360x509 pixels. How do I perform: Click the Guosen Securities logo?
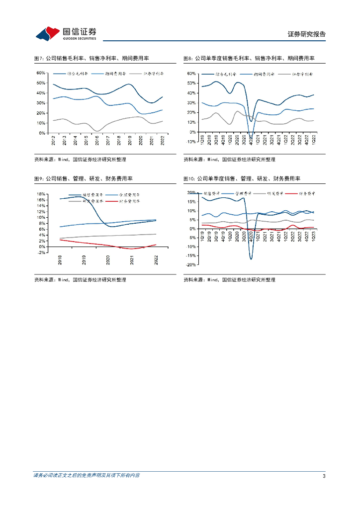pyautogui.click(x=66, y=33)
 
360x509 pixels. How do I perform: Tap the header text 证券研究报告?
pyautogui.click(x=307, y=34)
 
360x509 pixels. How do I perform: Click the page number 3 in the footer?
pyautogui.click(x=324, y=476)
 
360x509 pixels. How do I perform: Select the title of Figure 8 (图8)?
pyautogui.click(x=249, y=58)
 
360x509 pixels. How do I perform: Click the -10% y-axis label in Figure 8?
pyautogui.click(x=190, y=142)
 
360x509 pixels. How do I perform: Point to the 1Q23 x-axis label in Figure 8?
pyautogui.click(x=313, y=140)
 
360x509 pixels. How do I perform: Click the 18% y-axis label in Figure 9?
pyautogui.click(x=42, y=194)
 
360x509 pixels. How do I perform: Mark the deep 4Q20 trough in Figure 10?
pyautogui.click(x=251, y=259)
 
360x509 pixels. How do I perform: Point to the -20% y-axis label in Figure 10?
pyautogui.click(x=190, y=265)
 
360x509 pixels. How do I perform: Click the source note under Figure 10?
pyautogui.click(x=229, y=280)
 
